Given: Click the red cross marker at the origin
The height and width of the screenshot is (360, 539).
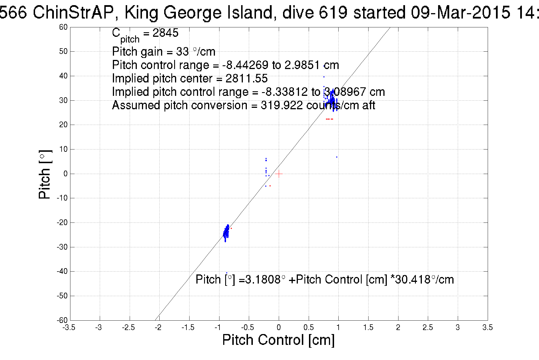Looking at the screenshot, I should coord(279,174).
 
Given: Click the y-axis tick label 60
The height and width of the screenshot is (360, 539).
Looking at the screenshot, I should coord(63,27).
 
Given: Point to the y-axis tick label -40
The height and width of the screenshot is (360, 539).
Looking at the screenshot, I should coord(62,271).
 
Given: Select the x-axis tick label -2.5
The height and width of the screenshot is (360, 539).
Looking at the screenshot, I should coord(128,327).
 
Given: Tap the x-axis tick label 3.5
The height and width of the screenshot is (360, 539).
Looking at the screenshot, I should coord(487,327).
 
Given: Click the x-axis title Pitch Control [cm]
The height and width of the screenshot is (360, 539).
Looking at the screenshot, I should coord(278,340).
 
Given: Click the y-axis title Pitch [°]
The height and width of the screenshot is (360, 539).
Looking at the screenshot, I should coord(45,174).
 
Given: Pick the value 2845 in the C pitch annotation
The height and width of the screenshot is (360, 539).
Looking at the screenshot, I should coord(165,33).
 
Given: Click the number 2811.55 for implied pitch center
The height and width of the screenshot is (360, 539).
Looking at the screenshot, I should coord(247,78).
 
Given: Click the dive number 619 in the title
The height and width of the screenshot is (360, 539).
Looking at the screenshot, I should coord(333,13).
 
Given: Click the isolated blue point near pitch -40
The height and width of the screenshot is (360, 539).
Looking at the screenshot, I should coord(227,273).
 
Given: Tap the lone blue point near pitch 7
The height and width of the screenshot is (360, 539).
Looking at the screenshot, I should coord(337,157).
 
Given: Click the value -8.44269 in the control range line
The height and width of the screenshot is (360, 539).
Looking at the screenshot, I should coord(245,65).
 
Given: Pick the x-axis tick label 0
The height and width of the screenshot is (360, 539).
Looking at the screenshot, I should coord(279,327).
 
